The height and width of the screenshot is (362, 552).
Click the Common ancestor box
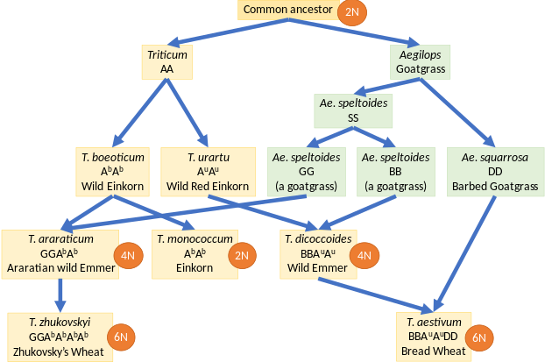tap(287, 11)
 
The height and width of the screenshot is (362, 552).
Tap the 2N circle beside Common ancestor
tap(353, 12)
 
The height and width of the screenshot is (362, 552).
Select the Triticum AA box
tap(166, 62)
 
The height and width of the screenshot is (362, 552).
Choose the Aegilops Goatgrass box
tap(420, 62)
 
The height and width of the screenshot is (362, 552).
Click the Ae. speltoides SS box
tap(352, 110)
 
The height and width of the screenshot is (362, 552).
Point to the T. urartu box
tap(208, 171)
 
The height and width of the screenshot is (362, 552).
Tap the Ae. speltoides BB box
tap(397, 171)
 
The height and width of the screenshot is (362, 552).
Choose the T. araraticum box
tap(60, 253)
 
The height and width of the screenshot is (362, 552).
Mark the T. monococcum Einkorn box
tap(195, 253)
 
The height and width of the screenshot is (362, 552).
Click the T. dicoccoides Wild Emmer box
tap(318, 253)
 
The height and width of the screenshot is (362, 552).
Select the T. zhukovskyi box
tap(59, 337)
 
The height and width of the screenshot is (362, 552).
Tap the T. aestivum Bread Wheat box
tap(435, 337)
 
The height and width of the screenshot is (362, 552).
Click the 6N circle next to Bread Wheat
tap(479, 337)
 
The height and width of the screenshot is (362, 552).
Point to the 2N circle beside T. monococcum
tap(242, 255)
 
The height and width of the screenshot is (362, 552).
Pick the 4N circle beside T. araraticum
tap(128, 255)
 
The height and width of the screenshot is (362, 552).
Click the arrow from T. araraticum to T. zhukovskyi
tap(60, 295)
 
